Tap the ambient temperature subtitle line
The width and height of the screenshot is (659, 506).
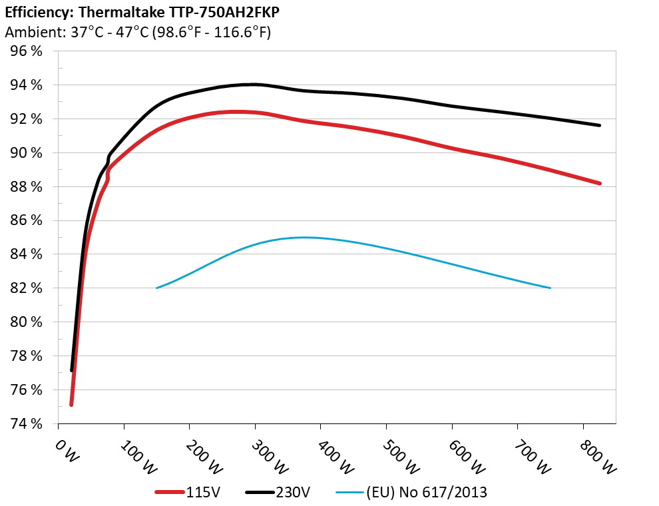pyautogui.click(x=138, y=32)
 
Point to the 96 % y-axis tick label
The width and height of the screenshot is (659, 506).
pyautogui.click(x=25, y=51)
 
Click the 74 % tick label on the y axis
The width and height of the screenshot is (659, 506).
pyautogui.click(x=25, y=423)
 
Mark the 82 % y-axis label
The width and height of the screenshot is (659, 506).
pyautogui.click(x=25, y=288)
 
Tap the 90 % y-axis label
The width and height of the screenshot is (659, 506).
pyautogui.click(x=25, y=153)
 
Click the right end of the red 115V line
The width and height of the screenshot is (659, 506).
pyautogui.click(x=600, y=183)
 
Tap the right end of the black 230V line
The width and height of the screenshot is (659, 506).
pyautogui.click(x=600, y=125)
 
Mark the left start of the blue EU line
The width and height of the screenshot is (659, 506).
pyautogui.click(x=157, y=288)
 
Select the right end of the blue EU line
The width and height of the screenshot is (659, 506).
pyautogui.click(x=550, y=288)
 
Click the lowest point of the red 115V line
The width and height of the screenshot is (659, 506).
pyautogui.click(x=71, y=404)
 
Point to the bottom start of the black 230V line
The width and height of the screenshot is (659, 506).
pyautogui.click(x=71, y=370)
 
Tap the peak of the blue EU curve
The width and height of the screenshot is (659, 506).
pyautogui.click(x=305, y=237)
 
